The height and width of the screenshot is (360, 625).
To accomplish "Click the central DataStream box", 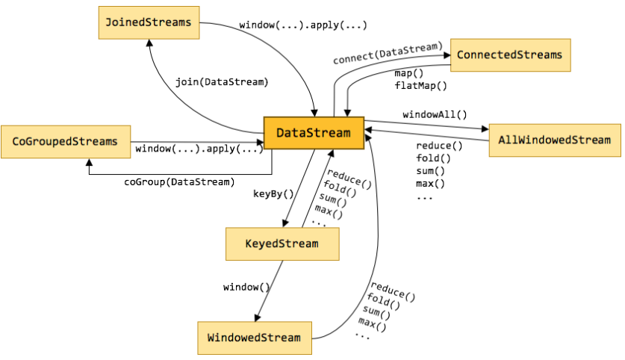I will pyautogui.click(x=313, y=133).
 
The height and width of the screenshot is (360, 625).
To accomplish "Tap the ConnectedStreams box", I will pyautogui.click(x=509, y=55).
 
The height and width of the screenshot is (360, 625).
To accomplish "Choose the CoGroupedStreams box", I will pyautogui.click(x=66, y=141).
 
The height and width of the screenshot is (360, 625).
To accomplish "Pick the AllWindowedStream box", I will pyautogui.click(x=554, y=140).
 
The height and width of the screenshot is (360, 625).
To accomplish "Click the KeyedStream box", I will pyautogui.click(x=282, y=243).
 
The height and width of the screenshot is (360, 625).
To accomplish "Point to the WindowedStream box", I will pyautogui.click(x=254, y=338).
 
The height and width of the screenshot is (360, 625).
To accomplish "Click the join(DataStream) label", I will pyautogui.click(x=222, y=81).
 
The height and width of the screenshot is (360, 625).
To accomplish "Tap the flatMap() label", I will pyautogui.click(x=420, y=85).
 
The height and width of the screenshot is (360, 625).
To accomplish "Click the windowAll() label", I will pyautogui.click(x=435, y=114).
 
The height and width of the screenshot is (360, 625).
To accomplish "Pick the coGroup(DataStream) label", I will pyautogui.click(x=179, y=181).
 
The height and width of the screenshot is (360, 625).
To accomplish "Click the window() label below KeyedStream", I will pyautogui.click(x=246, y=287).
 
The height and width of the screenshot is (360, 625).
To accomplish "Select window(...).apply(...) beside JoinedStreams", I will pyautogui.click(x=303, y=25).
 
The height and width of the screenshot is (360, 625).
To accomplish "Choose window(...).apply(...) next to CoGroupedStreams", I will pyautogui.click(x=199, y=149).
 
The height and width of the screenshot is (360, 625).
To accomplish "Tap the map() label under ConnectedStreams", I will pyautogui.click(x=409, y=73).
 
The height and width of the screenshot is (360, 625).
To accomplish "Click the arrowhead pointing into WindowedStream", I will pyautogui.click(x=258, y=317).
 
